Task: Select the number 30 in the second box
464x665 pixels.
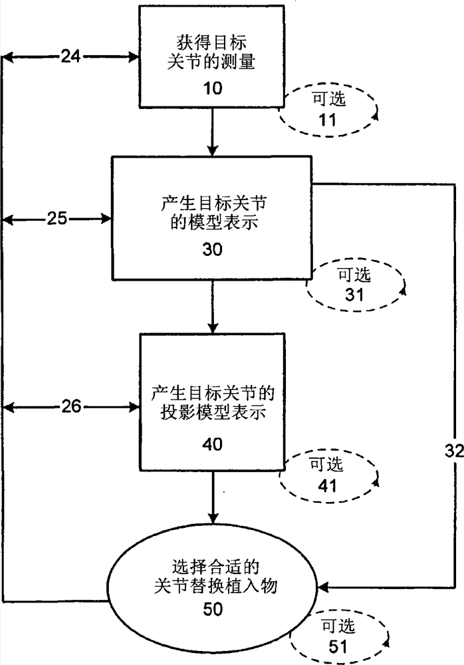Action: pos(212,250)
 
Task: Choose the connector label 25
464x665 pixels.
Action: pos(57,217)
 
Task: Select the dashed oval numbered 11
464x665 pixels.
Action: pos(328,112)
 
